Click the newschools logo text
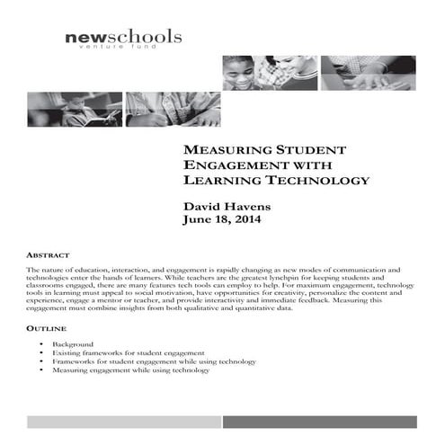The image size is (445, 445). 123,37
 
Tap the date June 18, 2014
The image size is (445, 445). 227,221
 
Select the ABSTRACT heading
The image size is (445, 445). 49,255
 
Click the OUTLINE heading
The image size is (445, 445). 46,330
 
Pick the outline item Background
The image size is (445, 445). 73,344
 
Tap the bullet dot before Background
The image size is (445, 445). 42,344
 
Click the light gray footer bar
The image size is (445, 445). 122,422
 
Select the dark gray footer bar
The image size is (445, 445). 319,422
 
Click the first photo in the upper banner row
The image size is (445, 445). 270,73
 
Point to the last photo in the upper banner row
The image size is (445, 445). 369,73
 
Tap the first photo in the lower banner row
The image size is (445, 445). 62,109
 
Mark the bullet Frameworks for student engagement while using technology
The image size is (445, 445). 154,361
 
